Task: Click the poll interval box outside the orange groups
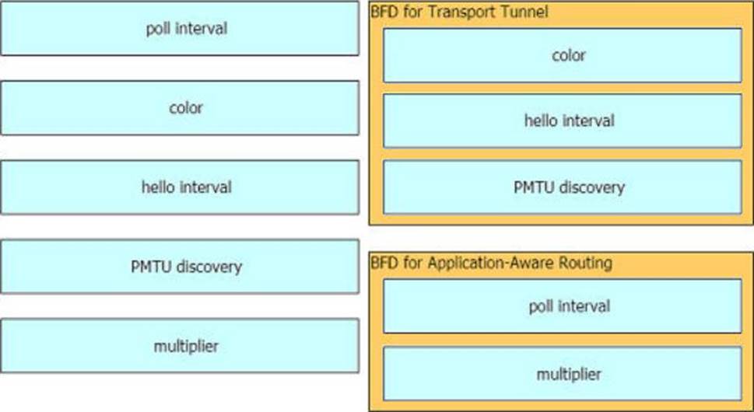click(x=180, y=28)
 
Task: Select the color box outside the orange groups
click(x=180, y=107)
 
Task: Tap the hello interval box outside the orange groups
click(x=180, y=187)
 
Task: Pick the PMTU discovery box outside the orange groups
click(x=180, y=266)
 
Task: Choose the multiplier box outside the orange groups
click(x=180, y=345)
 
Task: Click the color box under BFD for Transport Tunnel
click(x=562, y=55)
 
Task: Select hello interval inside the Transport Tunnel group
click(x=562, y=120)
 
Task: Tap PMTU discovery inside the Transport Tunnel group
click(x=562, y=187)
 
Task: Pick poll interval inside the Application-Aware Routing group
click(x=562, y=306)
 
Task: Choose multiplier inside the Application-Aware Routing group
click(x=562, y=374)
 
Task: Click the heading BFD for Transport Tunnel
click(x=459, y=12)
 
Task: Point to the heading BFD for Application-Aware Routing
click(x=492, y=263)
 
